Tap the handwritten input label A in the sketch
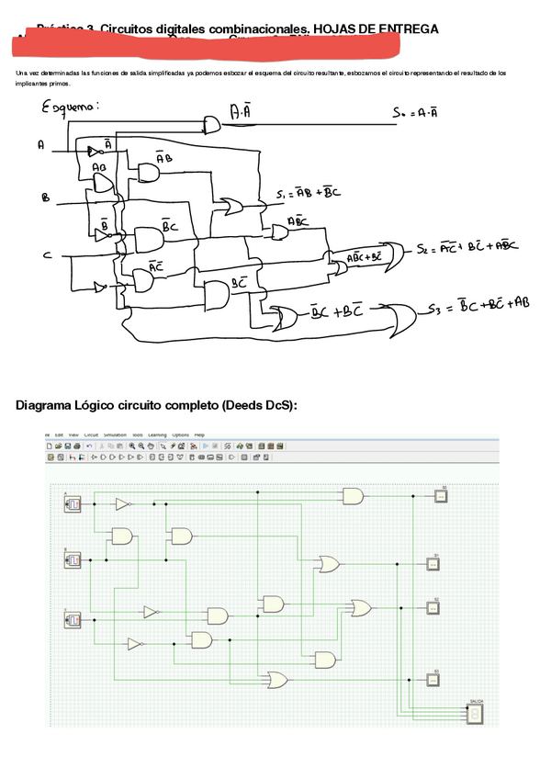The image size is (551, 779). [40, 145]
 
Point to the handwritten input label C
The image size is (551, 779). [45, 256]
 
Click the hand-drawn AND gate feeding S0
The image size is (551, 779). [213, 122]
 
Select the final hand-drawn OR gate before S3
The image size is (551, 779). [399, 318]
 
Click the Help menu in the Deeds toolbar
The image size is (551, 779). [199, 435]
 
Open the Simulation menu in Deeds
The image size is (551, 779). [114, 435]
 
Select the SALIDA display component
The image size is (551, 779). [475, 714]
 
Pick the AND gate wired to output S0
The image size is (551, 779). [353, 496]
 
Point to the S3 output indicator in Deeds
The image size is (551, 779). [440, 680]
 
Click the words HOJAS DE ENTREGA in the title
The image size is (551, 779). [376, 29]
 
